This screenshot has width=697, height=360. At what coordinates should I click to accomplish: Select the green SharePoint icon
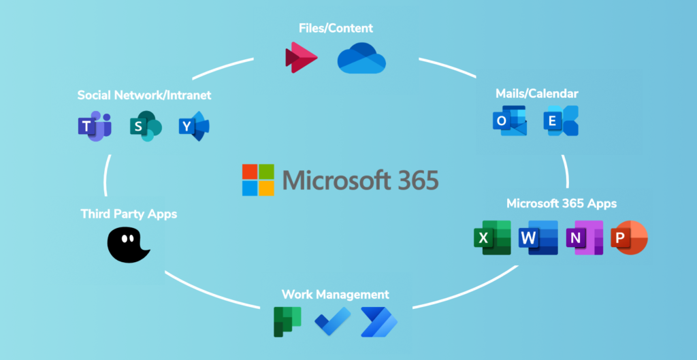[x=145, y=127]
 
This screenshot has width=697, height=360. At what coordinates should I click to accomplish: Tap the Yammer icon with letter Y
[x=194, y=127]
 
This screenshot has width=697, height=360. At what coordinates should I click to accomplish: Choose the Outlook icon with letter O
[x=508, y=121]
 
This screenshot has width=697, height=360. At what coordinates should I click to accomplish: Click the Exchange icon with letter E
[x=561, y=121]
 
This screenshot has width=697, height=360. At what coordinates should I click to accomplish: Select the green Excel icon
[x=492, y=238]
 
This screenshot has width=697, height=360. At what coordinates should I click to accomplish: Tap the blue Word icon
[x=538, y=238]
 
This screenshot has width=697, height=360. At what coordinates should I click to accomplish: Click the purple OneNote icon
[x=584, y=238]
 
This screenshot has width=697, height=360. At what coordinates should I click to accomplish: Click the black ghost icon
[x=127, y=245]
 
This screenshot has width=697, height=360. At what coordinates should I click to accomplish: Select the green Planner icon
[x=287, y=321]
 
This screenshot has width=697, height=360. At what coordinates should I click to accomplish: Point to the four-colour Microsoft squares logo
[x=258, y=180]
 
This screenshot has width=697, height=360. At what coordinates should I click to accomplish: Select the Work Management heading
[x=335, y=295]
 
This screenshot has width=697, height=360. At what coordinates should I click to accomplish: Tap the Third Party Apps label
[x=129, y=214]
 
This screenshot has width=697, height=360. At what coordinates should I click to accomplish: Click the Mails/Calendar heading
[x=538, y=93]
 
